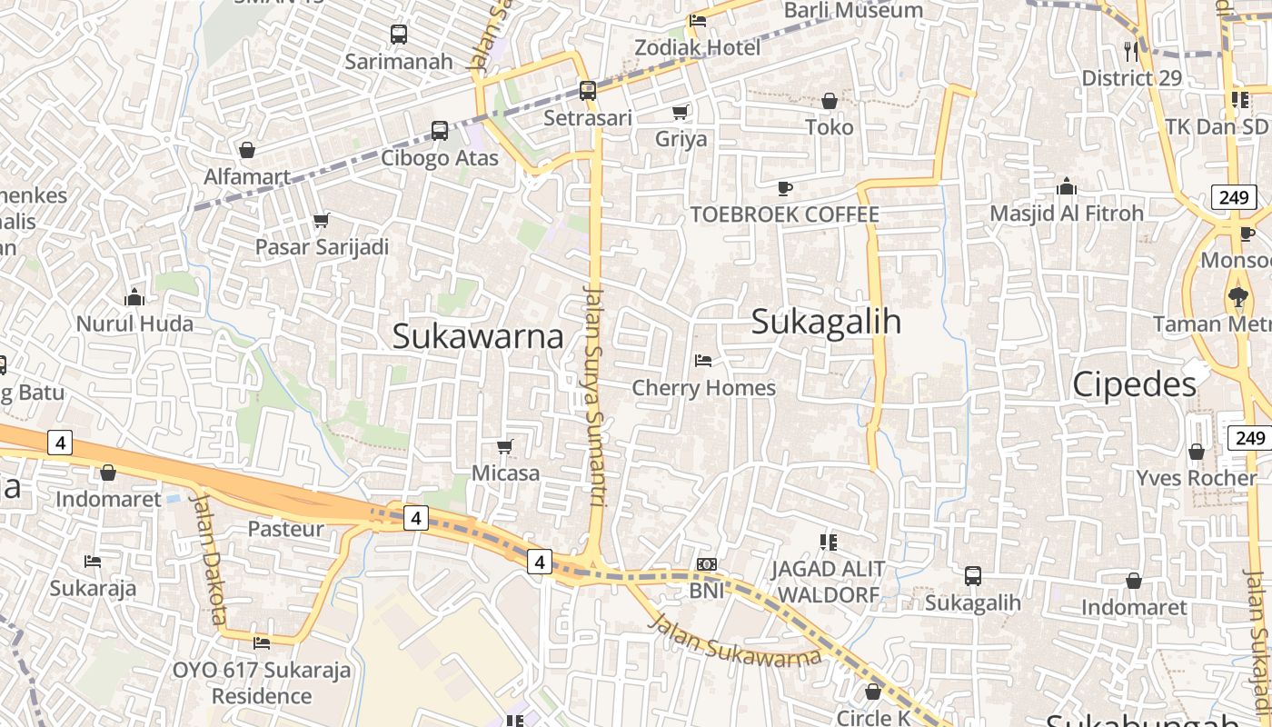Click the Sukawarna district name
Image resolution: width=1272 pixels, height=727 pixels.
coord(478,336)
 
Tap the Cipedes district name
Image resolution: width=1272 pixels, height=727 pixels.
coord(1134,384)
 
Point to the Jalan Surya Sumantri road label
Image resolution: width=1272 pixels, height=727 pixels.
coord(595,391)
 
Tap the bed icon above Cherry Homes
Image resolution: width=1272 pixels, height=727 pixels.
coord(703,361)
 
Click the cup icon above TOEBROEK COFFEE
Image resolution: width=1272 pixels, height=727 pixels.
coord(785,188)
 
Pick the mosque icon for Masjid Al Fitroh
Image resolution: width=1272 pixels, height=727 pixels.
coord(1067,187)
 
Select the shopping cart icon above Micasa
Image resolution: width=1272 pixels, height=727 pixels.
coord(505,446)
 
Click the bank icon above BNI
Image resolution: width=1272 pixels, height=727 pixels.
coord(706,564)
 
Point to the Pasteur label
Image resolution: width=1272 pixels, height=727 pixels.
coord(286,529)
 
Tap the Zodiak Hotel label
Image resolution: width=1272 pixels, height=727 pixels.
coord(698,47)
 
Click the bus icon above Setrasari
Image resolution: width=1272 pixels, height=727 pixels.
coord(588,91)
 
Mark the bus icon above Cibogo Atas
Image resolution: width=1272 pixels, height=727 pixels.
coord(440,131)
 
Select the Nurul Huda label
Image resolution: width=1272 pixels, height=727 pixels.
coord(134,324)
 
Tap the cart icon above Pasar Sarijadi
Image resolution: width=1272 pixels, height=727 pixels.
coord(321,220)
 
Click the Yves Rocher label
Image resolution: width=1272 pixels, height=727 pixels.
coord(1196,478)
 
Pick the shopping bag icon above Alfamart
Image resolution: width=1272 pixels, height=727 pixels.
coord(247,150)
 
